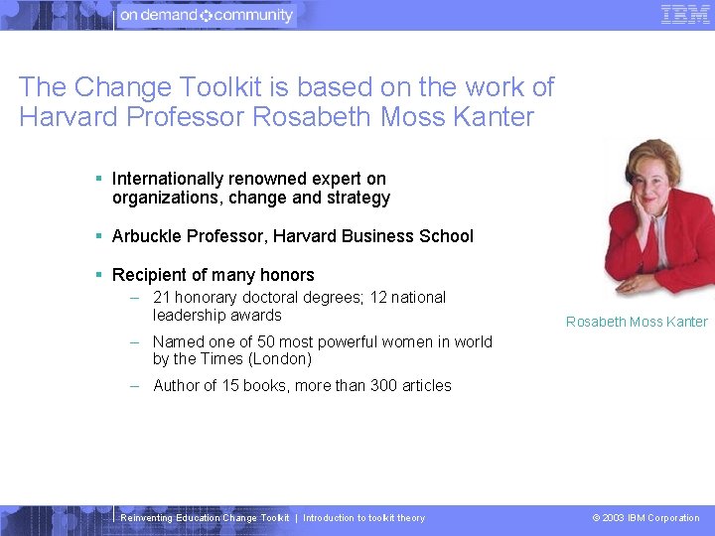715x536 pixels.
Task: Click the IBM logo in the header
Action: coord(685,15)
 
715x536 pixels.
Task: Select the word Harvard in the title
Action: coord(68,117)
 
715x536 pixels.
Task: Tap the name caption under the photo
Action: coord(637,322)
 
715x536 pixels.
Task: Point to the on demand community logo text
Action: coord(207,16)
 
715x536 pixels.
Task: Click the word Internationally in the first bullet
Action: coord(167,179)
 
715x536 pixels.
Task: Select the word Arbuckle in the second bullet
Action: coord(146,236)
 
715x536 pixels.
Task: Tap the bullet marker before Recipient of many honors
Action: coord(99,275)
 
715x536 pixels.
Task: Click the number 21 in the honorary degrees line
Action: coord(162,298)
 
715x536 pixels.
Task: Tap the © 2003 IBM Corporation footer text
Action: coord(645,518)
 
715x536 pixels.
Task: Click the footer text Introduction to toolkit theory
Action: coord(363,518)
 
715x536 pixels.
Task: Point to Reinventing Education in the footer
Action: coord(170,518)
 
